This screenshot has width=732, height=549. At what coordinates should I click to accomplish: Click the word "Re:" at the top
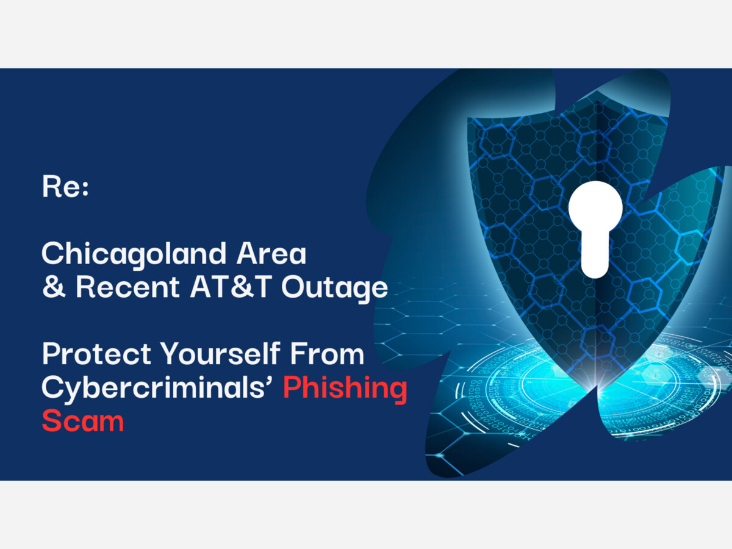coord(66,187)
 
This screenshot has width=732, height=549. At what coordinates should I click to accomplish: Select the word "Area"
coord(271,253)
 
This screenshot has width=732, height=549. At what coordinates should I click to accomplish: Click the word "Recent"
coord(127,287)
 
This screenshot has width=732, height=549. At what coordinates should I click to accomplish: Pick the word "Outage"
coord(335,289)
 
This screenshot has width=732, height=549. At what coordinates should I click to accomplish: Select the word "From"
coord(327,353)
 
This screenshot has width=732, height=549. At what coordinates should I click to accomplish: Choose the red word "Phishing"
coord(345,389)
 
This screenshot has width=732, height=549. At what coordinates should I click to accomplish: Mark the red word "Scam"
coord(83,421)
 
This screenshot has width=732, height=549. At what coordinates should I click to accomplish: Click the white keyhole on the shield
coord(595,229)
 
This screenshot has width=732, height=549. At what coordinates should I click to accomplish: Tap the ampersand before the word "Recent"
coord(54,287)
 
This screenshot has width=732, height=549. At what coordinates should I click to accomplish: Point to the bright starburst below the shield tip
coord(596,387)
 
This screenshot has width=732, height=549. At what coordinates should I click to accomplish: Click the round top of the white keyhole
coord(595,207)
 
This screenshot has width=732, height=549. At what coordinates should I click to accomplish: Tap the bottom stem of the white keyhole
coord(595,257)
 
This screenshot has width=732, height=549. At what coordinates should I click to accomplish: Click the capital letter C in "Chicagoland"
coord(53,253)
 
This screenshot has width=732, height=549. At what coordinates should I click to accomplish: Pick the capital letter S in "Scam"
coord(52,421)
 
